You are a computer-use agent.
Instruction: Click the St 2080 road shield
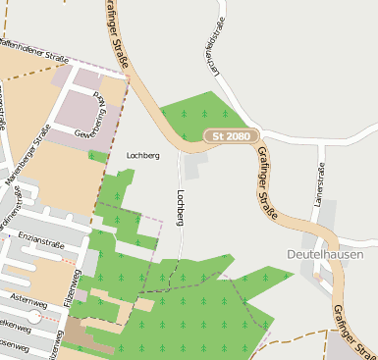pos(233,137)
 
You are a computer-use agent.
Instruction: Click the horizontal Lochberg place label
pos(143,155)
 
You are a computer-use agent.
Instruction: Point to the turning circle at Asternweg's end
pos(34,317)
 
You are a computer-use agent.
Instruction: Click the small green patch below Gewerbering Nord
pos(97,156)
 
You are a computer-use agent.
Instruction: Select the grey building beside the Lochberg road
pos(192,168)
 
